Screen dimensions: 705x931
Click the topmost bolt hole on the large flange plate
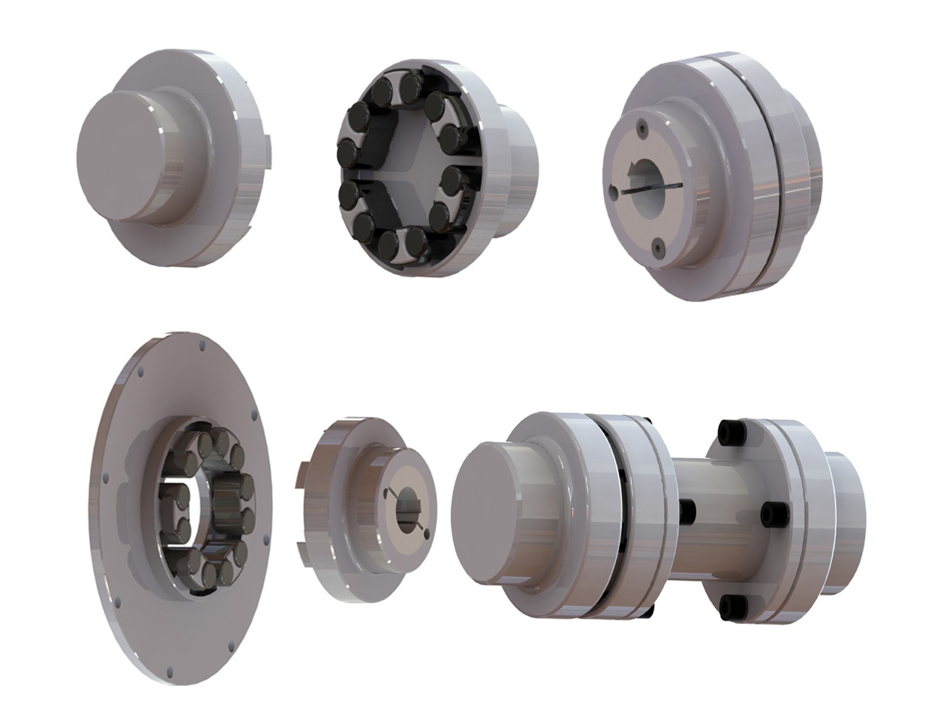(200, 349)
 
